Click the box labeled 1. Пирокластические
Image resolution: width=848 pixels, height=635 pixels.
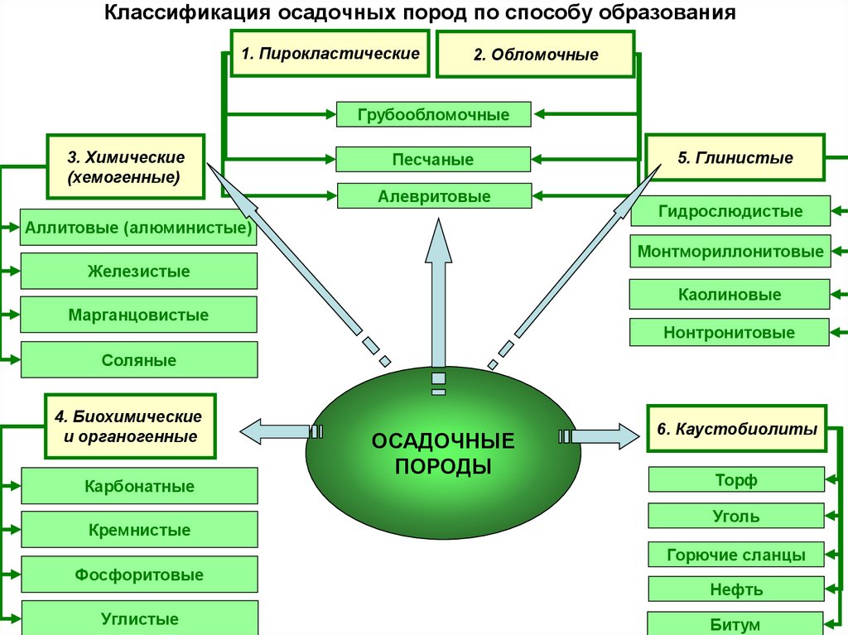tap(330, 54)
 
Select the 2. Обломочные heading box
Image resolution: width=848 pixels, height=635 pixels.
tap(536, 55)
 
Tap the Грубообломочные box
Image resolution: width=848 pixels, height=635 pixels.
tap(433, 114)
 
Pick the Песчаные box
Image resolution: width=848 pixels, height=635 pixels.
tap(433, 159)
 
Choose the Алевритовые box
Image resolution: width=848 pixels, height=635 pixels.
tap(434, 196)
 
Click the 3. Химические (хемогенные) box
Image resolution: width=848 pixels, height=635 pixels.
tap(126, 167)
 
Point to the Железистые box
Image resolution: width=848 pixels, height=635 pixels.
tap(138, 271)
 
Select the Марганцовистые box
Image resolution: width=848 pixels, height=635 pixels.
tap(138, 315)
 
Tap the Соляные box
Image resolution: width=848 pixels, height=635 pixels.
tap(138, 360)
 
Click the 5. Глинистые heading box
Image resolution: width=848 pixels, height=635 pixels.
tap(735, 158)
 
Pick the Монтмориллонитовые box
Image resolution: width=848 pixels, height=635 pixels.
tap(730, 251)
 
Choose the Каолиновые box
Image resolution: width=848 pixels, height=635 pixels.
tap(730, 294)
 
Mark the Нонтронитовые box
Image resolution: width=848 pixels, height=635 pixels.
tap(729, 333)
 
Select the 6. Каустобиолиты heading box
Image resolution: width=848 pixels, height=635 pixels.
tap(736, 429)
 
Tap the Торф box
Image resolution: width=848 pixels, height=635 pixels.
tap(735, 480)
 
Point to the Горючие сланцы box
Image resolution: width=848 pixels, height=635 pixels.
tap(735, 555)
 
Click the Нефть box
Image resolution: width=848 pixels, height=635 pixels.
tap(735, 589)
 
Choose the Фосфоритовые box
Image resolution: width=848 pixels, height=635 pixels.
tap(138, 575)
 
